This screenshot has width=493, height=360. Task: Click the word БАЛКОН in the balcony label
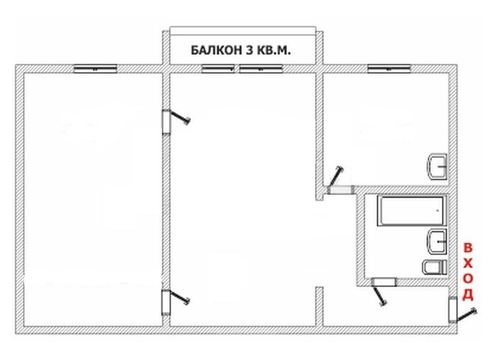pos(217,50)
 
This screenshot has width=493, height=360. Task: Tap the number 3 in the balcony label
pos(249,50)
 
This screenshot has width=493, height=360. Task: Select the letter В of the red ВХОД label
pos(468,248)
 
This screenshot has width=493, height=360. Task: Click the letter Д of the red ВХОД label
pos(468,295)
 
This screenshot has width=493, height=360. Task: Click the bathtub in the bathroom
pos(411,211)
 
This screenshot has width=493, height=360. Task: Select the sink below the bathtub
pos(437,241)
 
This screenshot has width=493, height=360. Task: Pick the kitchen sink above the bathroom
pos(437,166)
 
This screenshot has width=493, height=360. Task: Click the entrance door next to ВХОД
pos(462,311)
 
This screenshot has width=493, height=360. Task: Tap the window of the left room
pos(95,69)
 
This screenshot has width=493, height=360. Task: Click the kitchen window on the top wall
pos(389,69)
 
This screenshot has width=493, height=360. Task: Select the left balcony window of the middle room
pos(218,69)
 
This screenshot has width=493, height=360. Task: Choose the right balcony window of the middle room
pos(260,69)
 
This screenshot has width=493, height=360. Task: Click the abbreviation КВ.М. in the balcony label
pos(273,50)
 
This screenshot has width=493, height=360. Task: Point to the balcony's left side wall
pos(166,48)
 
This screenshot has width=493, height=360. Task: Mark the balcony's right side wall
pos(319,48)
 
